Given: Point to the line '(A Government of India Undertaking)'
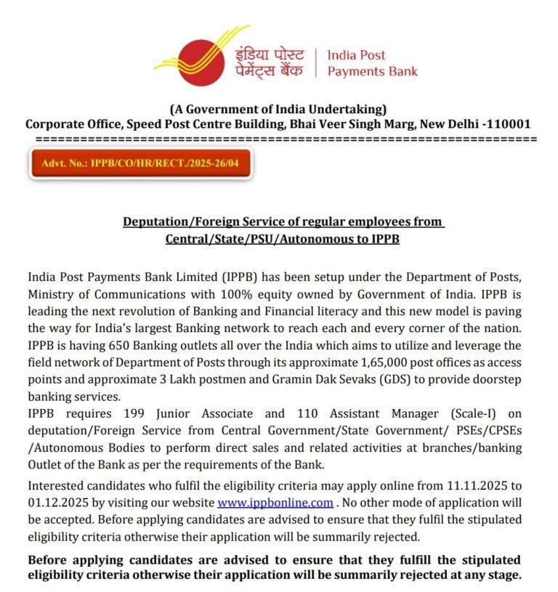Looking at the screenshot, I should [x=278, y=109].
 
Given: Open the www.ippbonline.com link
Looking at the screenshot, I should [x=275, y=502].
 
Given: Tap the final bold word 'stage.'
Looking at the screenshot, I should [x=504, y=575].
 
